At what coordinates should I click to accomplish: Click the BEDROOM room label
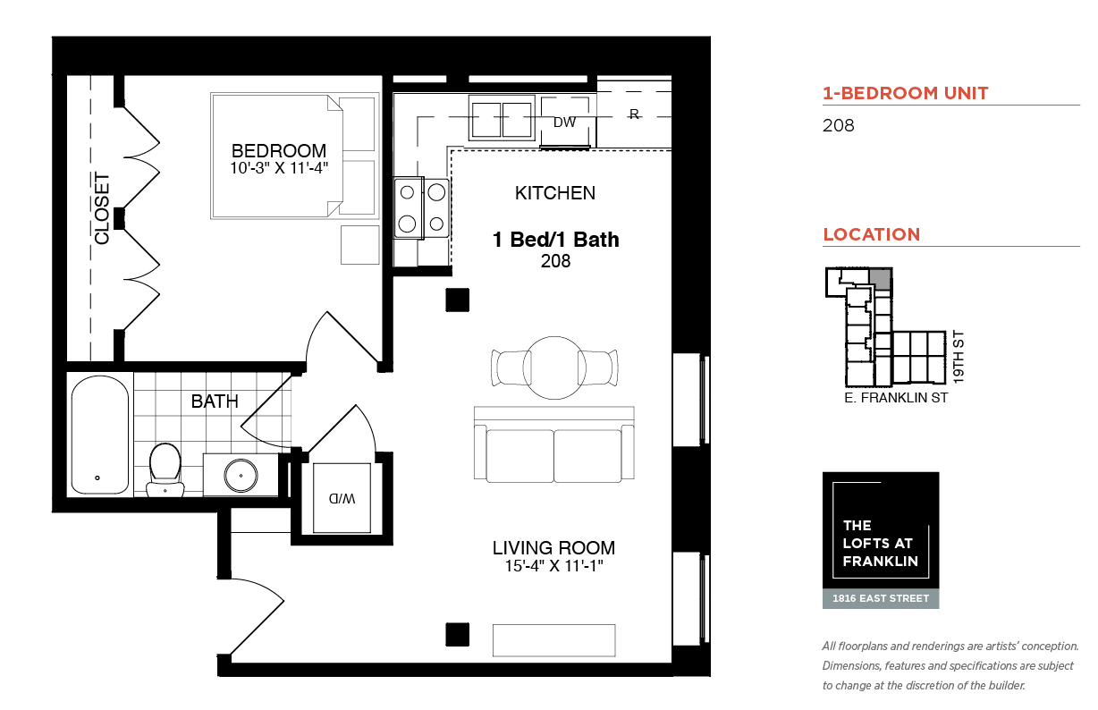(x=279, y=150)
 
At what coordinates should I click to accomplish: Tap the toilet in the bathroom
(x=165, y=469)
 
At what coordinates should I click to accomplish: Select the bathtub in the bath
(x=99, y=435)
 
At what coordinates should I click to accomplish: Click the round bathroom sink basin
(x=241, y=475)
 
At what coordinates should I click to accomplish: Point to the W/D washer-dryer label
(x=342, y=499)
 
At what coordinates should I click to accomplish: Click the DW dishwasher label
(x=564, y=123)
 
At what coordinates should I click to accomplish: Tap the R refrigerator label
(x=634, y=114)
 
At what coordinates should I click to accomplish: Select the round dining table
(x=554, y=368)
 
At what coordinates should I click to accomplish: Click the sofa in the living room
(x=553, y=444)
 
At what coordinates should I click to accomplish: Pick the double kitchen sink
(x=502, y=119)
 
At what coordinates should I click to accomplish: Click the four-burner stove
(x=421, y=207)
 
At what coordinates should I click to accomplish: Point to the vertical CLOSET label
(x=102, y=208)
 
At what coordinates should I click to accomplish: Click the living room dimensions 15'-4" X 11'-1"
(x=553, y=566)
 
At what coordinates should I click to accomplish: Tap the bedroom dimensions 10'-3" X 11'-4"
(x=279, y=168)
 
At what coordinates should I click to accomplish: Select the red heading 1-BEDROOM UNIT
(x=906, y=93)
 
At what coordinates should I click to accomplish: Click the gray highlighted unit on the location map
(x=881, y=280)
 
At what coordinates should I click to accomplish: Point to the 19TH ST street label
(x=959, y=357)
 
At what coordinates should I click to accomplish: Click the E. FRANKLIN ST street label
(x=896, y=398)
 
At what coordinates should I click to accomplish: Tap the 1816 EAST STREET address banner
(x=881, y=598)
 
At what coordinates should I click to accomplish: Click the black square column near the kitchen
(x=457, y=300)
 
